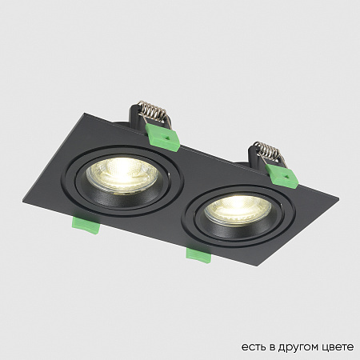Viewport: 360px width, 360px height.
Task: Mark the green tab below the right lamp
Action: (x=197, y=254)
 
